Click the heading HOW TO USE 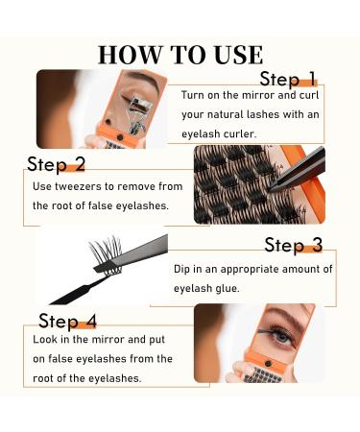[180, 55]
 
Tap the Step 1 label [288, 79]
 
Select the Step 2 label [57, 164]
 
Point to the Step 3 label [294, 246]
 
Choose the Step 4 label [67, 321]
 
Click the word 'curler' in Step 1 [240, 133]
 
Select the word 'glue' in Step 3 [228, 289]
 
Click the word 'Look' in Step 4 [45, 339]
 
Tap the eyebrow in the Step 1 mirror [145, 79]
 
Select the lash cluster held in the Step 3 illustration [107, 255]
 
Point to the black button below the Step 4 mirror [268, 364]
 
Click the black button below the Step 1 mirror [120, 137]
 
